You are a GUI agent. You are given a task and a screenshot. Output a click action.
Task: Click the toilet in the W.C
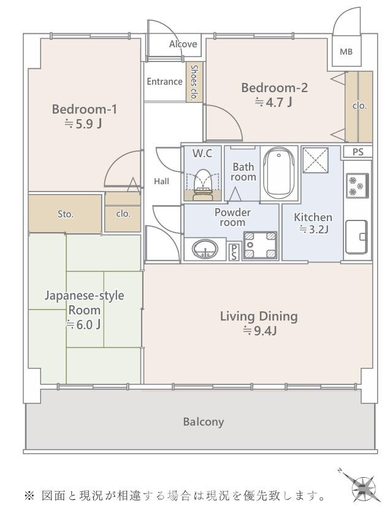point(203,185)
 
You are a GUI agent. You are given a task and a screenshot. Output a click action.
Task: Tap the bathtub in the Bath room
point(279,173)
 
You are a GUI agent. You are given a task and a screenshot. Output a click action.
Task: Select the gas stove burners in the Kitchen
point(357,185)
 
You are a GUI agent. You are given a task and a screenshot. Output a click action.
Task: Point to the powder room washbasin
point(205,249)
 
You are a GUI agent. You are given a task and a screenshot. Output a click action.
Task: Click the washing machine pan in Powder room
point(260,245)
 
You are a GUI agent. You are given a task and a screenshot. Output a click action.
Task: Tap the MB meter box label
point(346,52)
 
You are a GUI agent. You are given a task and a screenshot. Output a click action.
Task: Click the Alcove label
point(183,44)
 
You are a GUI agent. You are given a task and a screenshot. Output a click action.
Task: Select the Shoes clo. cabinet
point(194,82)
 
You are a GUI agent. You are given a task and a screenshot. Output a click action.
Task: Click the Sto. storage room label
point(66,214)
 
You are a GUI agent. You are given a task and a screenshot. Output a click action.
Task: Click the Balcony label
point(204,422)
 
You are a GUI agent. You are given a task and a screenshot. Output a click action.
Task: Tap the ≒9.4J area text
point(260,331)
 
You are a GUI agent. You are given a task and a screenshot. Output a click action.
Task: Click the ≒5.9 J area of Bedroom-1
point(83,123)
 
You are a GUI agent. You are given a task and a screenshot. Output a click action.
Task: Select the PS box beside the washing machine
point(234,252)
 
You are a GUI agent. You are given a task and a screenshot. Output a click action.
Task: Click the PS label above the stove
point(357,152)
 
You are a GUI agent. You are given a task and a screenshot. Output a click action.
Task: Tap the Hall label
point(161,181)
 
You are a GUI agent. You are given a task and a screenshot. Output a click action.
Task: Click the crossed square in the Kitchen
point(316,160)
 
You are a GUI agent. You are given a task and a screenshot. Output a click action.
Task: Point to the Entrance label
point(164,81)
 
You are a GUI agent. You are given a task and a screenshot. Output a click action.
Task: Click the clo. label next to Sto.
point(123,214)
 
